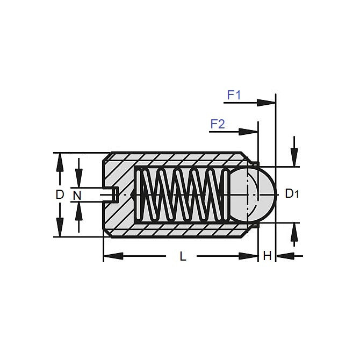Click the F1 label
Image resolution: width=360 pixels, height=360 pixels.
[234, 95]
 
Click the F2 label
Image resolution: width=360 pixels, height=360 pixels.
[217, 124]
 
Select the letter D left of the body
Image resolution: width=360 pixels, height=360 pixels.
[60, 195]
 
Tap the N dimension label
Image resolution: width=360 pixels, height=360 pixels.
[77, 195]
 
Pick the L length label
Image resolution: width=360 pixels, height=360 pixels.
[183, 257]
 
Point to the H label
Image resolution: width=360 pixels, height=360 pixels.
[267, 256]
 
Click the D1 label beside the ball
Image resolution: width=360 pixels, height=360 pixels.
[291, 194]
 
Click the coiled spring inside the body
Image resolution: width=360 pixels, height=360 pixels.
[180, 194]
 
